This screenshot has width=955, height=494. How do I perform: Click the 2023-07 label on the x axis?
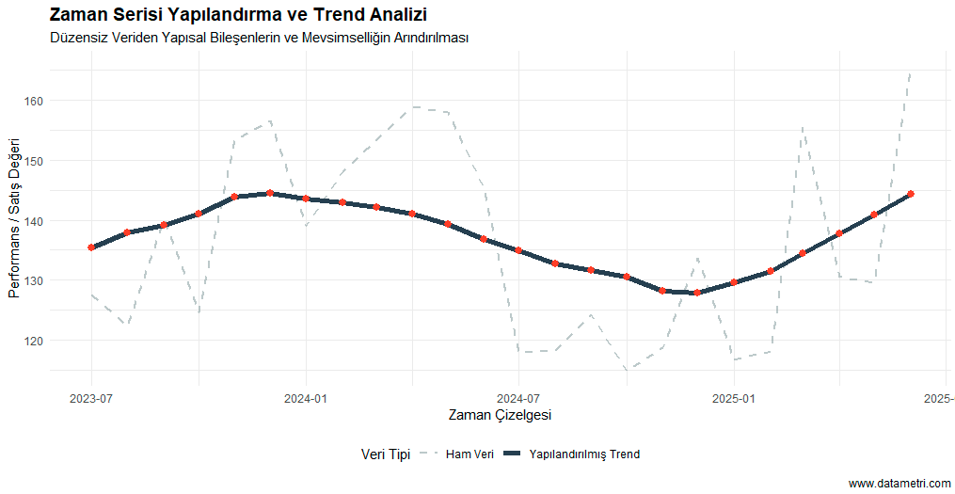[x=91, y=398]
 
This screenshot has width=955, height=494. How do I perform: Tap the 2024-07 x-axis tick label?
[x=519, y=398]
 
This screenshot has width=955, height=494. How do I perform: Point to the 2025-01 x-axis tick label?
[x=734, y=398]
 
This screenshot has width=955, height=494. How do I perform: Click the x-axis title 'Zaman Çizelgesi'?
[x=500, y=415]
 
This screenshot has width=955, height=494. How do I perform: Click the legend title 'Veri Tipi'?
[x=385, y=454]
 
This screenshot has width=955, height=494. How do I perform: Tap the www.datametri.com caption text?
[x=899, y=484]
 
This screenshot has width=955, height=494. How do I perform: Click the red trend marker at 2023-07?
[x=91, y=247]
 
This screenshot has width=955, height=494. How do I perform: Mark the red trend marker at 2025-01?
[x=734, y=282]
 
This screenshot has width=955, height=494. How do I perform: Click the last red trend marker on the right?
[x=910, y=194]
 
